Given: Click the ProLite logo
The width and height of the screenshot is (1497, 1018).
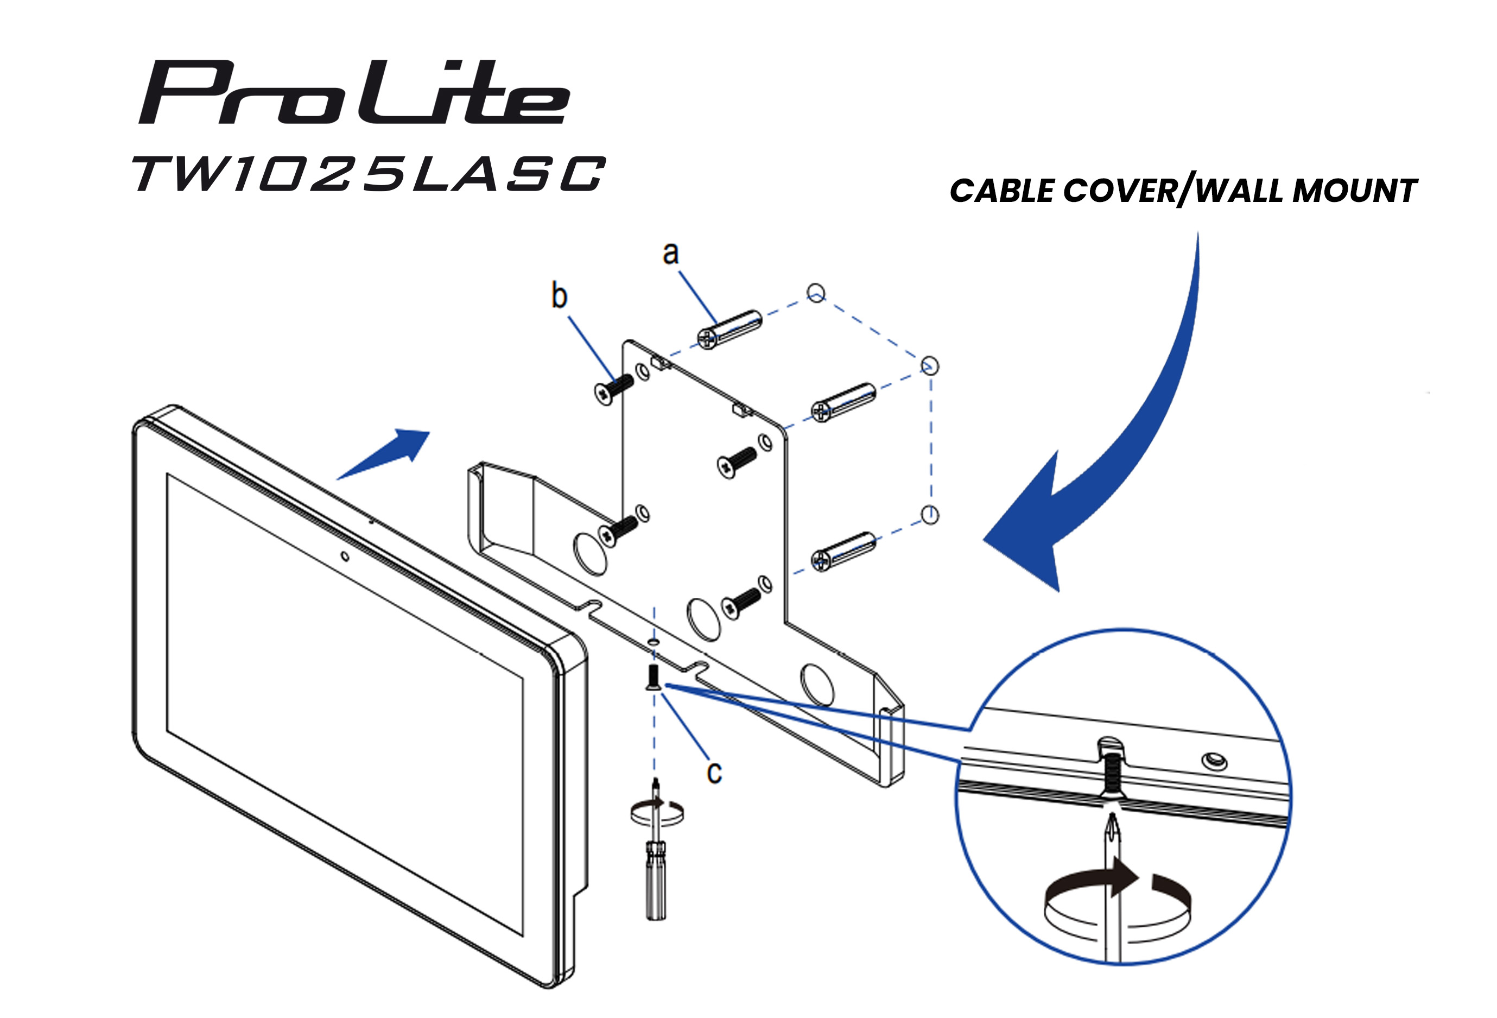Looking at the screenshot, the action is pos(354,92).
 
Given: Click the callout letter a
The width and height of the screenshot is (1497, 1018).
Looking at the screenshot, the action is pos(670,253).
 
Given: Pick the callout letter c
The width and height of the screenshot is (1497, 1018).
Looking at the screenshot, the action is pos(714,773).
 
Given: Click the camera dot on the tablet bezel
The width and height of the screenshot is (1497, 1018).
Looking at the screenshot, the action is pos(345,556).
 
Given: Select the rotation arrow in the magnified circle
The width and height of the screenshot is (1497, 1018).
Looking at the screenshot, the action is pos(1117,905).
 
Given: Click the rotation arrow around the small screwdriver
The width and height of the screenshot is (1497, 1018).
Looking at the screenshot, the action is pos(657,812).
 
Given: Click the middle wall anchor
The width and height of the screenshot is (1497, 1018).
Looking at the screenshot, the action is pos(842,403).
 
